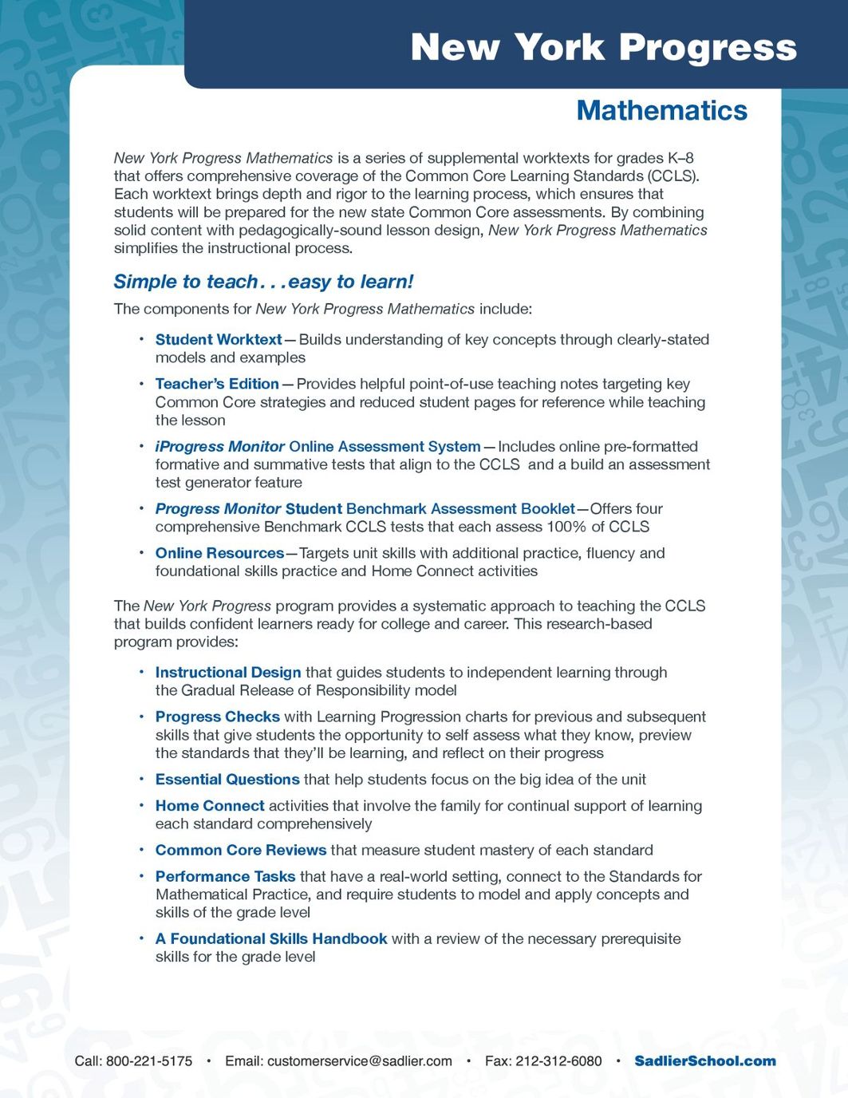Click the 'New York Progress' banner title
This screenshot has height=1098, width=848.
603,47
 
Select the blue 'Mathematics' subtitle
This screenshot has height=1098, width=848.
661,110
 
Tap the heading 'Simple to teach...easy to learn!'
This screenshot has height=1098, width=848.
263,282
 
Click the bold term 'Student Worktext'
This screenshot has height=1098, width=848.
219,340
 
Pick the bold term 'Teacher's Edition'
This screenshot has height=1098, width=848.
217,384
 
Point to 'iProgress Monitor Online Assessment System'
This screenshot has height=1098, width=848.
318,447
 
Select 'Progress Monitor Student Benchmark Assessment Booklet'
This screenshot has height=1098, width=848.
365,509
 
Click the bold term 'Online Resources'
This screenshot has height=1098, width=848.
219,553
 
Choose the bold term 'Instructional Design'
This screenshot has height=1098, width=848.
228,673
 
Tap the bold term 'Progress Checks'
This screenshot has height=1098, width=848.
218,717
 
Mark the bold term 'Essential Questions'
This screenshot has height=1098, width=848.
227,780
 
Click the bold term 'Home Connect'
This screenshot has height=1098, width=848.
210,806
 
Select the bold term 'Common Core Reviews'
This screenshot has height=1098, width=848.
241,851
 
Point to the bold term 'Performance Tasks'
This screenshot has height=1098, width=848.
225,877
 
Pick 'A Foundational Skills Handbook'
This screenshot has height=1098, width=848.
271,939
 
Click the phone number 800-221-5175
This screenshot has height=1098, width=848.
149,1061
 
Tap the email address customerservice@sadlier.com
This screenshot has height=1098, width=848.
359,1061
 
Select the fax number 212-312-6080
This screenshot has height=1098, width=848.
558,1061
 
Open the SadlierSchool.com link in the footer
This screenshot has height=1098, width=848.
705,1061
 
